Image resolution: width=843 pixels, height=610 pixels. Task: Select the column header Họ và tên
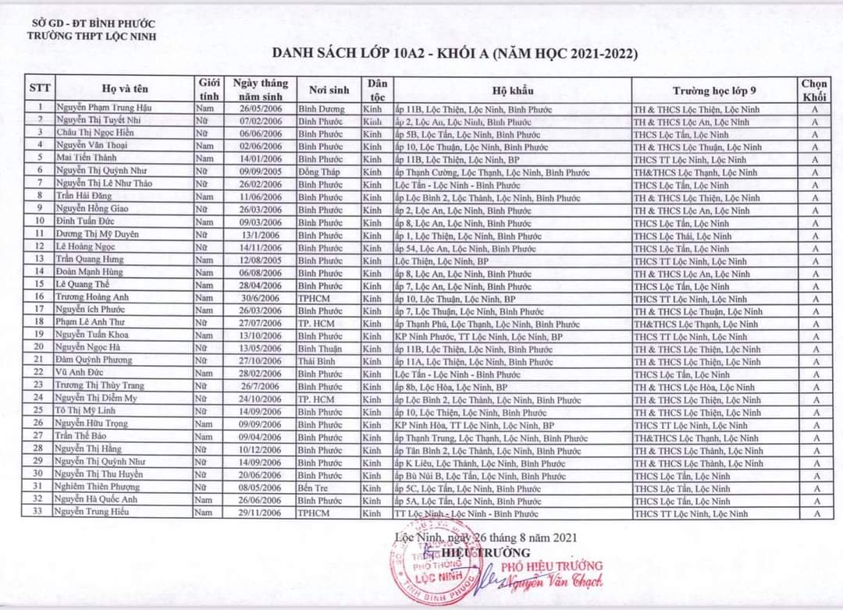124,89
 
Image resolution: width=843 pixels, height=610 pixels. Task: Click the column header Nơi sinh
328,89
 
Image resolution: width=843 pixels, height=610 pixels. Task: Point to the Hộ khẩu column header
513,89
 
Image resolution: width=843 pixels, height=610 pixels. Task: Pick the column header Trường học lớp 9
713,89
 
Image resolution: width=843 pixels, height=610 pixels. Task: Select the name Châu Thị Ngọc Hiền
95,134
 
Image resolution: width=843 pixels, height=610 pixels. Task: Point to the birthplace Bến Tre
315,488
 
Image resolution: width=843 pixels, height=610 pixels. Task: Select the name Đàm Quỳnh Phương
94,362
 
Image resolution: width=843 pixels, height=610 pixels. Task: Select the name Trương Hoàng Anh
93,299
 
